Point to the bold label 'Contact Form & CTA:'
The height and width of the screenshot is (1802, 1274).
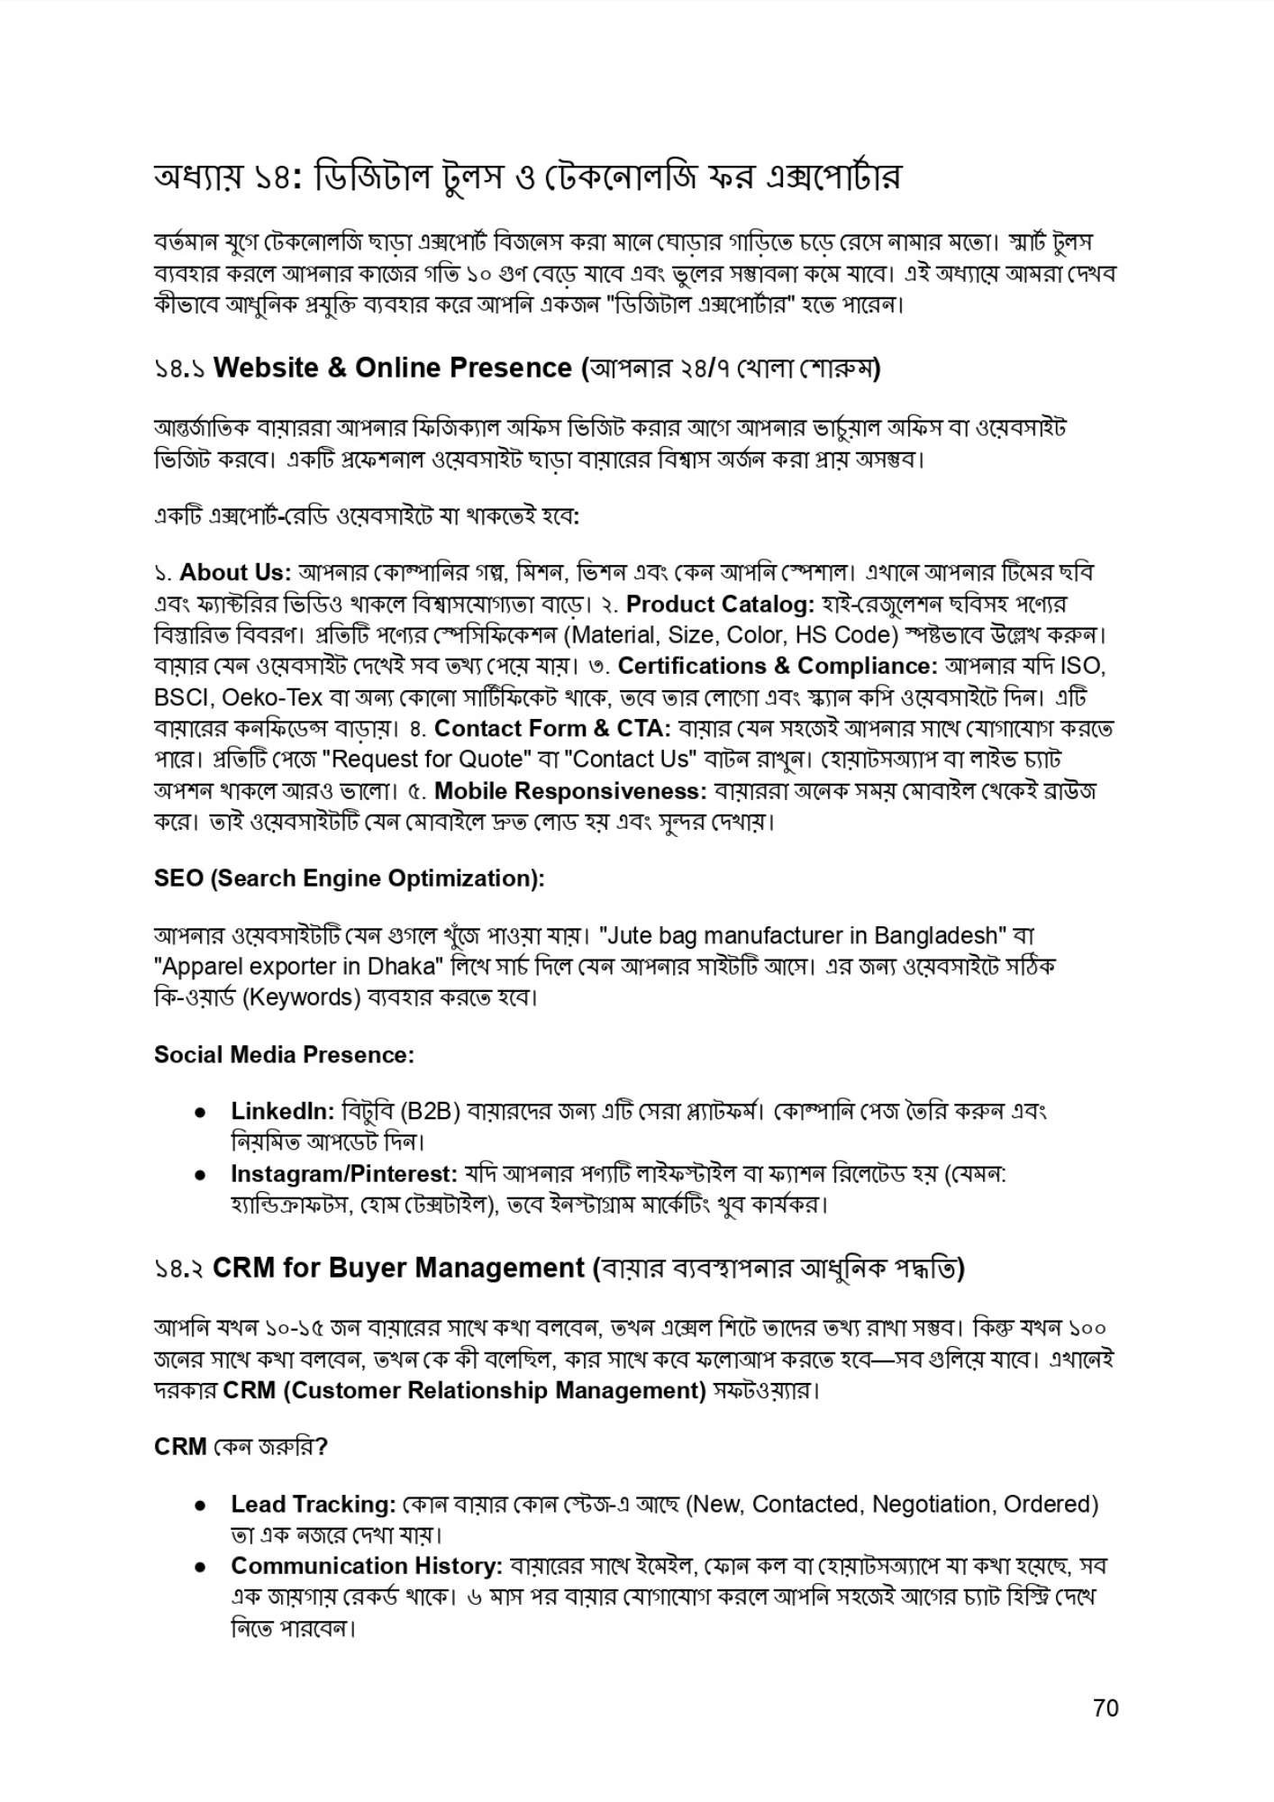[552, 728]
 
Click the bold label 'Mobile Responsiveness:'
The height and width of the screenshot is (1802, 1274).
[570, 791]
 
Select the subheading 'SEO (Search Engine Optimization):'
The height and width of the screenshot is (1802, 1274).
[350, 878]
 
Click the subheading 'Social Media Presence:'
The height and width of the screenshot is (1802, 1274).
[285, 1055]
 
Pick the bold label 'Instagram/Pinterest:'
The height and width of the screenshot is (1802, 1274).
[343, 1174]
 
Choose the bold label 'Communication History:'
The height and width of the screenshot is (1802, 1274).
[367, 1567]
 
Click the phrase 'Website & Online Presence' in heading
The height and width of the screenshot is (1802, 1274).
[393, 369]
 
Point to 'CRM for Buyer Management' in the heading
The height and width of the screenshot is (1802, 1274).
[399, 1269]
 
